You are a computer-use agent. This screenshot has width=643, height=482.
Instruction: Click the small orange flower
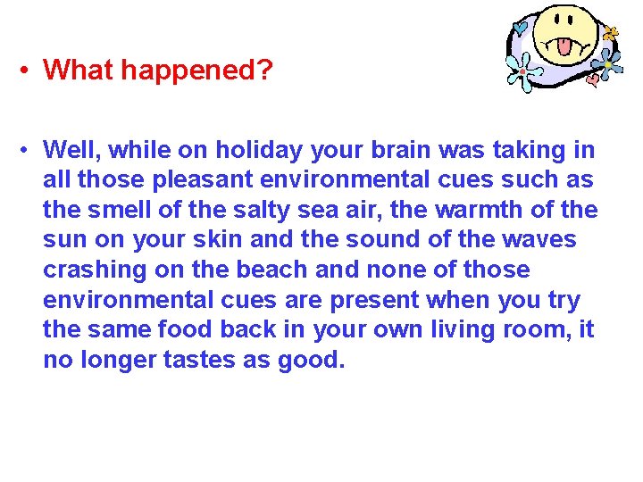611,33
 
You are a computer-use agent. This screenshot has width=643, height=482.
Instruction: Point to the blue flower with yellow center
609,63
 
